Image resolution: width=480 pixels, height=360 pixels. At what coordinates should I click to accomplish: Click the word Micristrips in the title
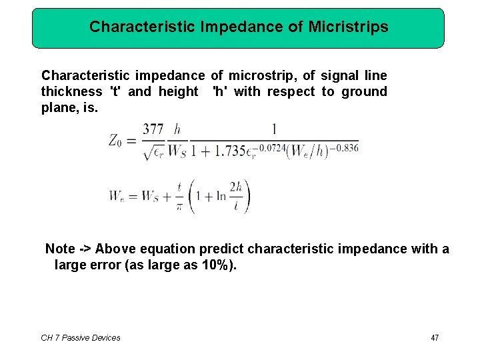pyautogui.click(x=349, y=27)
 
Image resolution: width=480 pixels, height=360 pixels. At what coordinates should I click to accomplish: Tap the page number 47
pyautogui.click(x=435, y=338)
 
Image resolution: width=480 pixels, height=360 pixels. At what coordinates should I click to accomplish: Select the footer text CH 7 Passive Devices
pyautogui.click(x=81, y=338)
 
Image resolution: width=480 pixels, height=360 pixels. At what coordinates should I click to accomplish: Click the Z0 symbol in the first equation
pyautogui.click(x=117, y=140)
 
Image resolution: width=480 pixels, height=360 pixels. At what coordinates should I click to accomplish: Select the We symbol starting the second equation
pyautogui.click(x=117, y=197)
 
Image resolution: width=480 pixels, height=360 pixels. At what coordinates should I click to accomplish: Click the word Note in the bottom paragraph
pyautogui.click(x=60, y=249)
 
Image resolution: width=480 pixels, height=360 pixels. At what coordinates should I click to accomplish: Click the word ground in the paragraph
pyautogui.click(x=364, y=91)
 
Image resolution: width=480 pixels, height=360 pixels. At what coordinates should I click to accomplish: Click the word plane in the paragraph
pyautogui.click(x=57, y=107)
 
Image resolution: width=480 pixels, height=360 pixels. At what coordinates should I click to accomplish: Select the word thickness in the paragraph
pyautogui.click(x=71, y=91)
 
